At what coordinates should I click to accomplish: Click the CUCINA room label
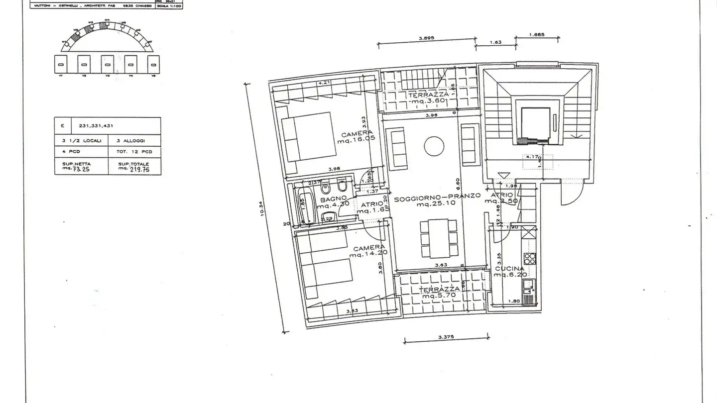click(509, 269)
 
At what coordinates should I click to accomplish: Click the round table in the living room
click(434, 146)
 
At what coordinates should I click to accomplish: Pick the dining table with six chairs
click(438, 238)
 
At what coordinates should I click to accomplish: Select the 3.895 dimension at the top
click(427, 38)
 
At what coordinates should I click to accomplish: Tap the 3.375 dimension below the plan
click(446, 337)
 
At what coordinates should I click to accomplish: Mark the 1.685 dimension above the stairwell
click(536, 35)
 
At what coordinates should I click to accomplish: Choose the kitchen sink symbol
click(529, 286)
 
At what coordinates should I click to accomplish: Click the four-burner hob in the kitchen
click(529, 259)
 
